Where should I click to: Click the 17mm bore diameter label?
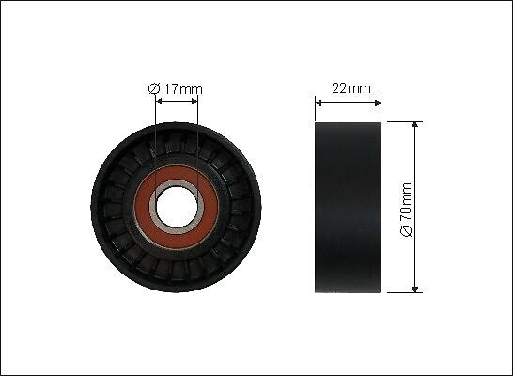click(x=176, y=89)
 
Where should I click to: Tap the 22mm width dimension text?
click(x=351, y=88)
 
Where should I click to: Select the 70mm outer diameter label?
click(x=406, y=210)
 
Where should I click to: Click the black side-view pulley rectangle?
click(x=348, y=208)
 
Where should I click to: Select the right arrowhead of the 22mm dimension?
click(x=378, y=103)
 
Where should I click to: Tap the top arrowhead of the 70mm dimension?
click(x=415, y=125)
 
